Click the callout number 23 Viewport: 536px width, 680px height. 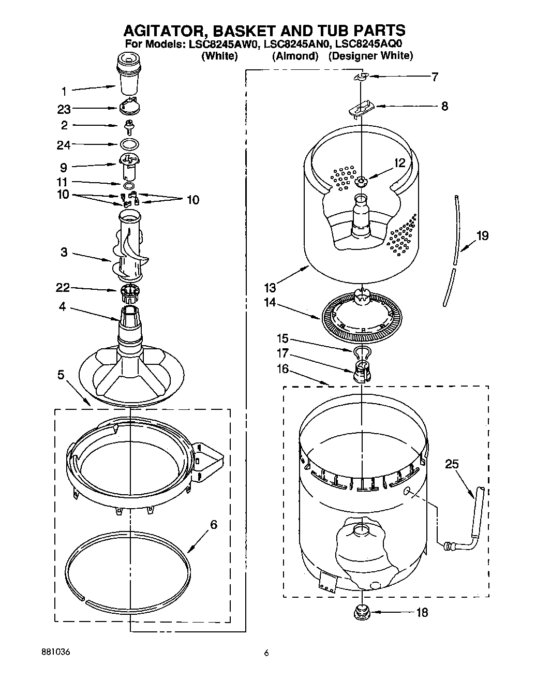(64, 109)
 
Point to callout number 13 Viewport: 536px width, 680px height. (270, 288)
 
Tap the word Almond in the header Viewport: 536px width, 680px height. (295, 56)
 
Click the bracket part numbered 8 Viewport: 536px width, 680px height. (362, 108)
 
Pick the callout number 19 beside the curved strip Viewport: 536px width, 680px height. (482, 236)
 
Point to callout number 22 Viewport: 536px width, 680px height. (63, 288)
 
